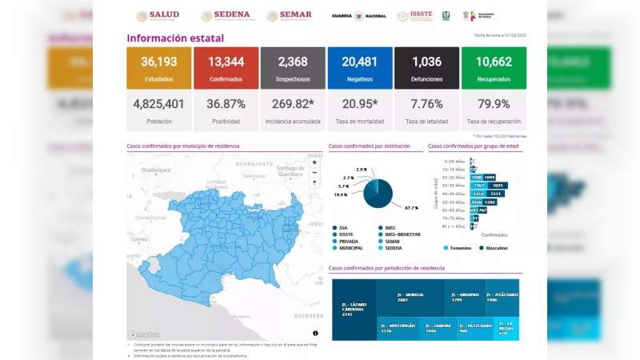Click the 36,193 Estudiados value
click(x=158, y=62)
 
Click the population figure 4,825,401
click(x=158, y=103)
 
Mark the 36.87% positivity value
click(x=226, y=103)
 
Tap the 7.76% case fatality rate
click(x=426, y=103)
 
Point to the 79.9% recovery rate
click(x=494, y=103)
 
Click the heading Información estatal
click(x=175, y=38)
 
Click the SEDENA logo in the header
click(x=226, y=15)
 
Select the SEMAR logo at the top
click(x=290, y=15)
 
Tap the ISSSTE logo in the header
click(x=414, y=15)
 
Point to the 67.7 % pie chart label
click(x=411, y=207)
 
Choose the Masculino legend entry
click(x=496, y=248)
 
